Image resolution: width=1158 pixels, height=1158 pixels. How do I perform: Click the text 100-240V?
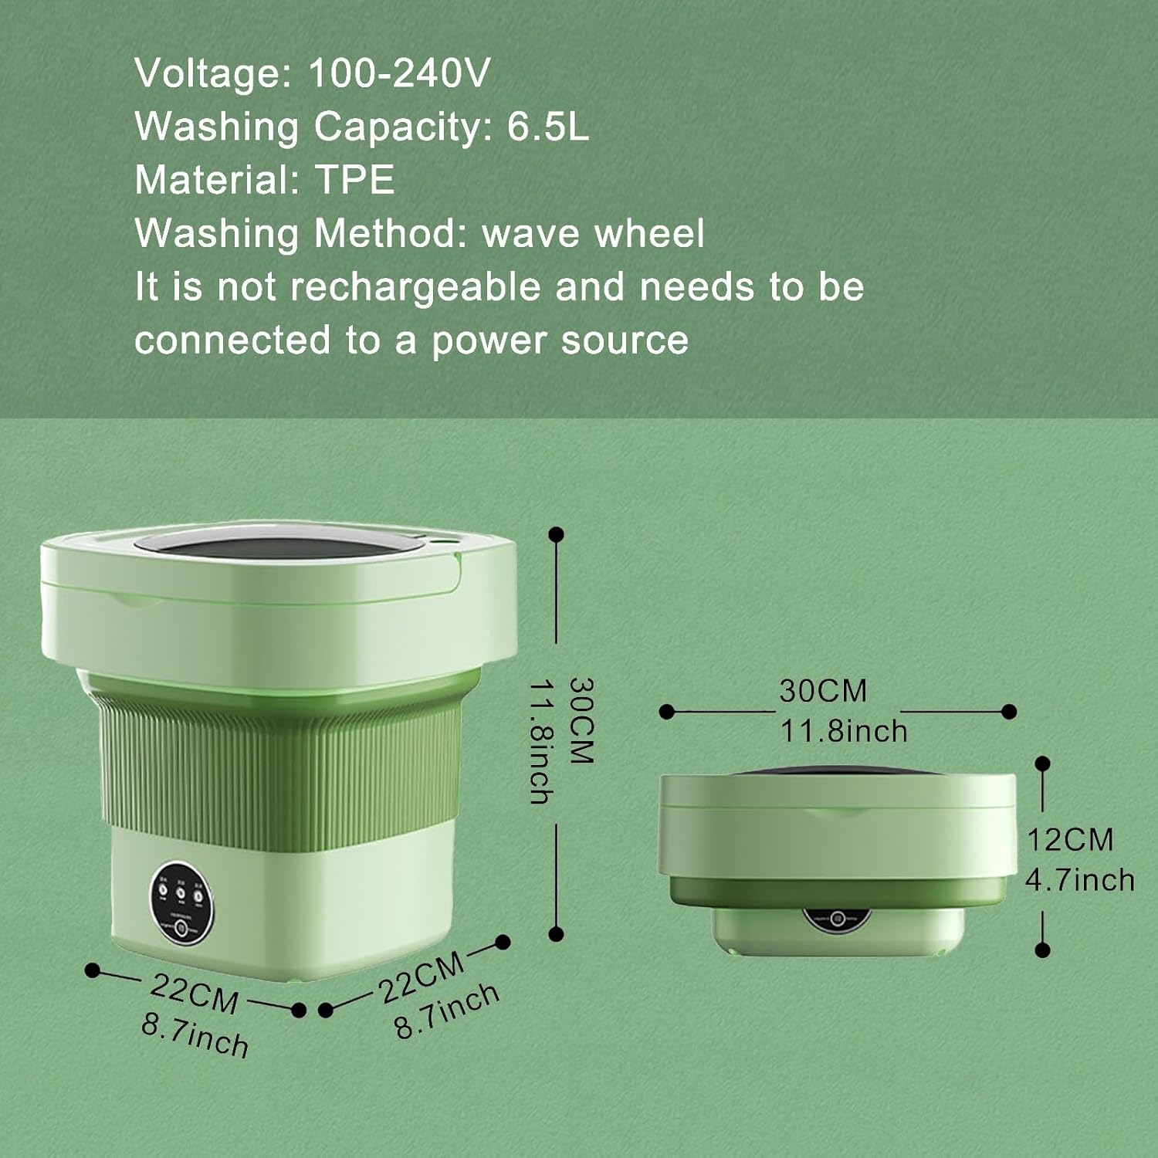tap(398, 74)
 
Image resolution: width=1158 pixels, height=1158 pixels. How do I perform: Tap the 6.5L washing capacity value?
tap(547, 127)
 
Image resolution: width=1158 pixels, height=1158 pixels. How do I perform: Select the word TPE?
tap(355, 180)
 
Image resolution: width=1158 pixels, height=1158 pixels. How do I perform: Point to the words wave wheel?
tap(593, 233)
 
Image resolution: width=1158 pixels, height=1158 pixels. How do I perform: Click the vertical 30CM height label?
tap(581, 720)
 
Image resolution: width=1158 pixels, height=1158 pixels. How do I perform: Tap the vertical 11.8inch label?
tap(541, 741)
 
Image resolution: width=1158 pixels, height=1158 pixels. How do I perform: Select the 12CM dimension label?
tap(1069, 840)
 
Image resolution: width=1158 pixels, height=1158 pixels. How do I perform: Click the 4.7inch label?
tap(1079, 880)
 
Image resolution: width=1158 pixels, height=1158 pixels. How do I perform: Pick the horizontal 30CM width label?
tap(823, 690)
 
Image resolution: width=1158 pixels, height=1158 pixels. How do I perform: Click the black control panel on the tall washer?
tap(181, 901)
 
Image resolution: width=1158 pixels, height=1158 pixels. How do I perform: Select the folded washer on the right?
tap(838, 857)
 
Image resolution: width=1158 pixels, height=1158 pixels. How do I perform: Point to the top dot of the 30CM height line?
tap(556, 534)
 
